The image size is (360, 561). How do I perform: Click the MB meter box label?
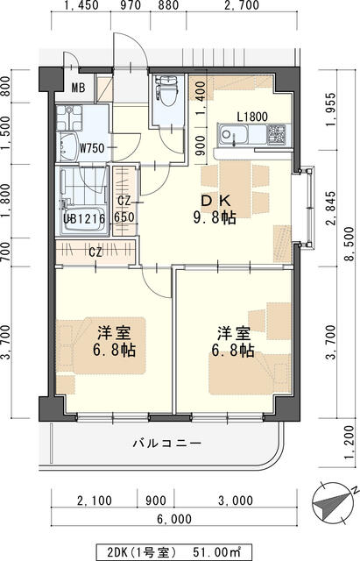click(77, 88)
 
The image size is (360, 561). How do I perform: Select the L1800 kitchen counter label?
click(252, 117)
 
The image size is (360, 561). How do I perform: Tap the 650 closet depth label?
click(124, 217)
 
